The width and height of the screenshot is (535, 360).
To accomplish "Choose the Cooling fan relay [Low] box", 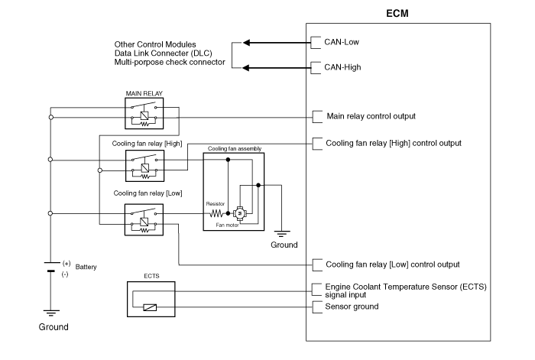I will coord(145,219).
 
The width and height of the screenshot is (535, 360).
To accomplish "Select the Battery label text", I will coord(86,267).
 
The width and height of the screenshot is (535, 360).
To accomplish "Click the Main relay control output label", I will coord(371,116).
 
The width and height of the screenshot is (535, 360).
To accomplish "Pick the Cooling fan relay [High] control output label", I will coord(394,142).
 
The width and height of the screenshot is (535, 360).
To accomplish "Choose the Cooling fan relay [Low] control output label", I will coord(393,264).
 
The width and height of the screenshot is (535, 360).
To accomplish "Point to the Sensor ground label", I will coord(352,306).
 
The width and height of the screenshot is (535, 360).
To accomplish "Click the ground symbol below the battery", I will coord(50,312).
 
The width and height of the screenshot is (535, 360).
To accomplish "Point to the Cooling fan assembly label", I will coord(232,148).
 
